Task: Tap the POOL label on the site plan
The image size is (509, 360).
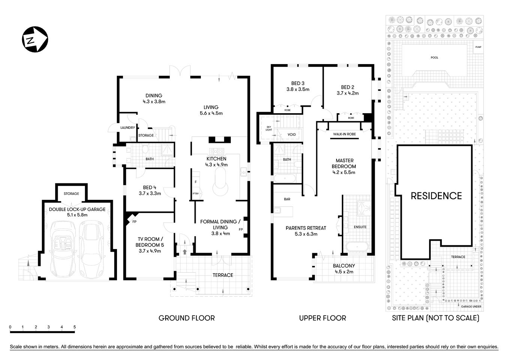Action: pyautogui.click(x=434, y=58)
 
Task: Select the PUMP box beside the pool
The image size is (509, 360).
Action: pyautogui.click(x=478, y=48)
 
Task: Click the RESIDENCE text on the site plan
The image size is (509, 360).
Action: pyautogui.click(x=436, y=196)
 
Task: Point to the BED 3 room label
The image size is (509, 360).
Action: pyautogui.click(x=298, y=83)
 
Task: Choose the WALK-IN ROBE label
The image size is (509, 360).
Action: pyautogui.click(x=344, y=134)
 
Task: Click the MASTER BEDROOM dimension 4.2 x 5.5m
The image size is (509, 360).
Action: pyautogui.click(x=344, y=172)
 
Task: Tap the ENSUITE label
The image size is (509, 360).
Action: pyautogui.click(x=360, y=227)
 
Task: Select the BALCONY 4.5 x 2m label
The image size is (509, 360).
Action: pyautogui.click(x=344, y=268)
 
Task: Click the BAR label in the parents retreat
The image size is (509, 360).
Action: pyautogui.click(x=287, y=199)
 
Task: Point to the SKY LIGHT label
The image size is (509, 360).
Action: pyautogui.click(x=269, y=129)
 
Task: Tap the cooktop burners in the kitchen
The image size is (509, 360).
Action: pyautogui.click(x=217, y=151)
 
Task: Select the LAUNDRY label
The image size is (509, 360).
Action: pyautogui.click(x=127, y=127)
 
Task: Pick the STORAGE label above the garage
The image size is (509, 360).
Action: pyautogui.click(x=71, y=194)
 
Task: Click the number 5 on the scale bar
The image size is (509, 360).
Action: pyautogui.click(x=75, y=327)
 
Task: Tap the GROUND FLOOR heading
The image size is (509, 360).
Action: pyautogui.click(x=187, y=318)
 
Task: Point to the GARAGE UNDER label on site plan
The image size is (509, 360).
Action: pyautogui.click(x=471, y=306)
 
